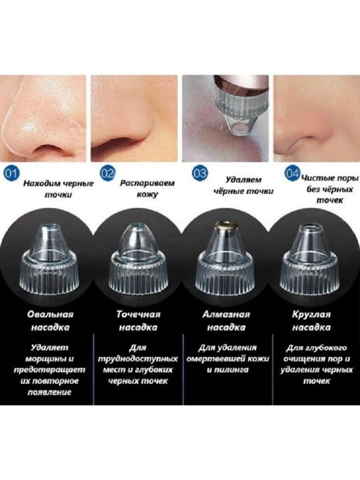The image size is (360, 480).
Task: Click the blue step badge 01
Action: click(11, 173)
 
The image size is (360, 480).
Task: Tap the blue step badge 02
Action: click(108, 173)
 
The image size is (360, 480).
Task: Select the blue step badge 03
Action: click(200, 173)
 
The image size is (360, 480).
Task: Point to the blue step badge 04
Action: click(292, 173)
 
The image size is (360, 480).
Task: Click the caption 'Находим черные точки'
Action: click(59, 189)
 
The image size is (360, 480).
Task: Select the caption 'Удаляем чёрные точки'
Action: click(243, 185)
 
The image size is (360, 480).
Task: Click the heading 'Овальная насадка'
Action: click(50, 321)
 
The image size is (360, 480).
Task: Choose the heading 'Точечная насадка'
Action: click(138, 321)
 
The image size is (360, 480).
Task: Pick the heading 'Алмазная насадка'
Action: click(226, 321)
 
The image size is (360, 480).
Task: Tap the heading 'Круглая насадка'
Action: click(311, 321)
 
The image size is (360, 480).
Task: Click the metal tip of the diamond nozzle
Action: click(226, 225)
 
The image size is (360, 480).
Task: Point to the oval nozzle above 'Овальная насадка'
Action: click(49, 260)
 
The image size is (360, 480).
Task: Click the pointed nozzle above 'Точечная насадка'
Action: click(138, 260)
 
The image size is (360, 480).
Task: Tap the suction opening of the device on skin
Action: click(240, 128)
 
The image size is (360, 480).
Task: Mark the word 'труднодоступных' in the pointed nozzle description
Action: click(138, 359)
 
